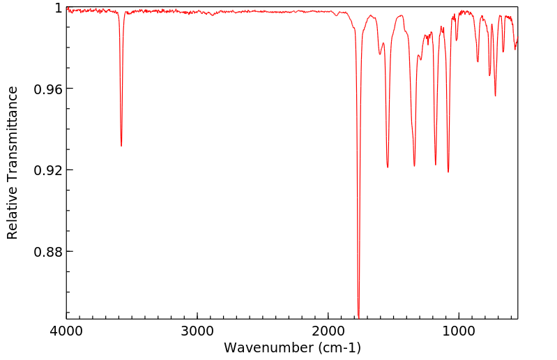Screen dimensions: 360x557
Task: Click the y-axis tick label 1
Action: (59, 8)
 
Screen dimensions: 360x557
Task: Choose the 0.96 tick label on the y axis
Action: (48, 89)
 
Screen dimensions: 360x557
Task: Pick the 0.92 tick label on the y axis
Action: (48, 170)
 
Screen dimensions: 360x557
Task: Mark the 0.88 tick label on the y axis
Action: (48, 251)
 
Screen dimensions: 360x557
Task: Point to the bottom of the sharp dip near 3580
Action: (121, 145)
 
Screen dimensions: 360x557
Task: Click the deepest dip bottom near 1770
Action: (358, 316)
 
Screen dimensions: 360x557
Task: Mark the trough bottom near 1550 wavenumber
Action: (388, 167)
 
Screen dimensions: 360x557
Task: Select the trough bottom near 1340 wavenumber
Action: (414, 166)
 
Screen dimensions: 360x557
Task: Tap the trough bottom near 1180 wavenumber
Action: (436, 165)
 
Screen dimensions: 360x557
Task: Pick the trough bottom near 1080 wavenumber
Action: (448, 172)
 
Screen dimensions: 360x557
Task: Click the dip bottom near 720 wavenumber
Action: (495, 96)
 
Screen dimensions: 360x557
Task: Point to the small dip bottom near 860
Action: (478, 61)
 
